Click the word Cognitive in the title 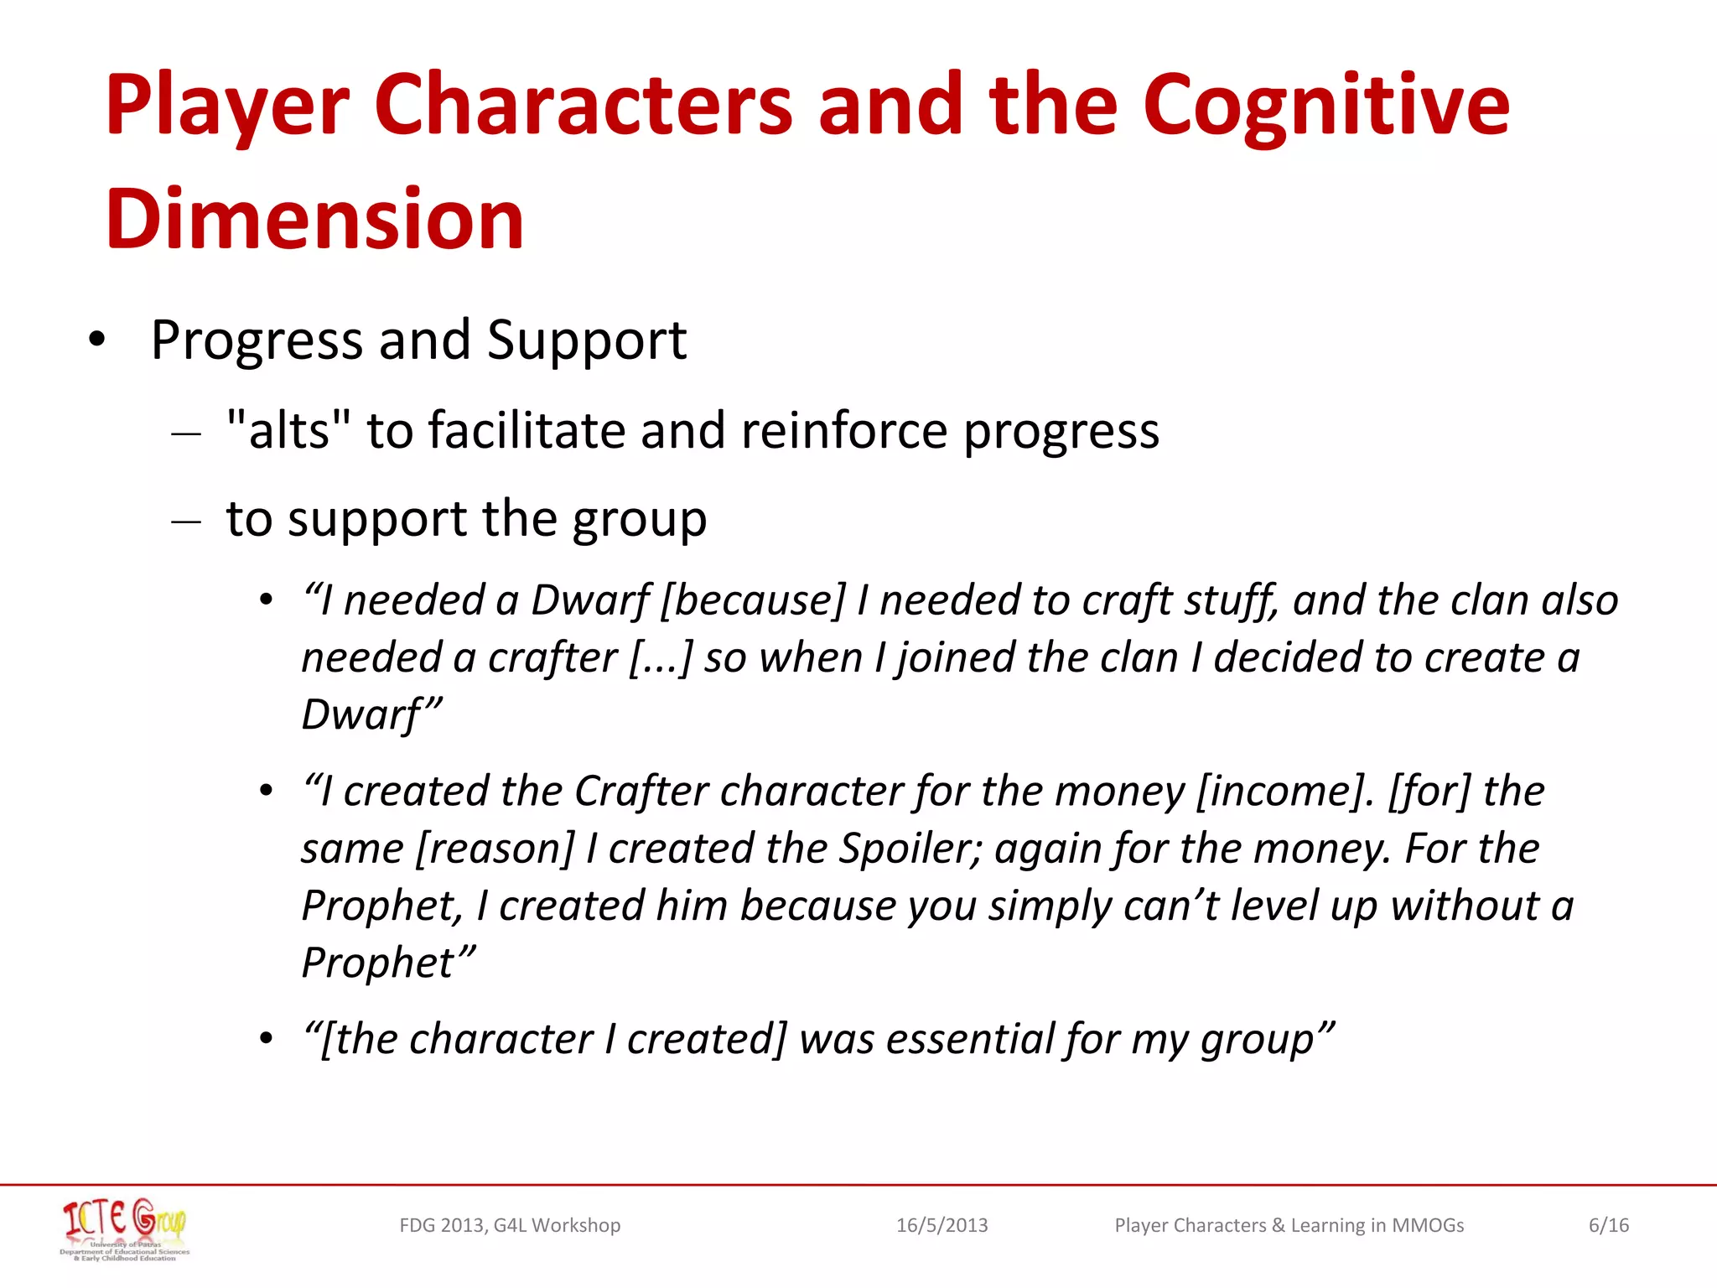tap(1325, 106)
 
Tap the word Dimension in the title tap(314, 219)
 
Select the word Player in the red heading tap(227, 106)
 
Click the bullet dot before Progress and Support tap(97, 340)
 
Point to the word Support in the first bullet tap(586, 341)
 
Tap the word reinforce tap(844, 430)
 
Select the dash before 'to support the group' tap(185, 521)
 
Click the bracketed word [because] tap(753, 600)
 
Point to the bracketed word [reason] tap(495, 848)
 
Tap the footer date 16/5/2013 tap(941, 1225)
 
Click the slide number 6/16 tap(1608, 1225)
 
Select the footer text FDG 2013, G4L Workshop tap(510, 1225)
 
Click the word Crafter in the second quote tap(641, 791)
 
